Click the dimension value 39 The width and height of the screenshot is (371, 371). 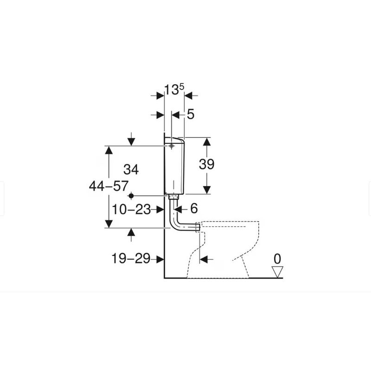point(207,164)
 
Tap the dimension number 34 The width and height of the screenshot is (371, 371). point(131,170)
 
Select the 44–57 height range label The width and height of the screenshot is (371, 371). point(109,186)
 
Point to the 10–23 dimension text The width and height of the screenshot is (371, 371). point(131,210)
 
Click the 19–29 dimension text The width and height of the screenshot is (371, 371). point(131,259)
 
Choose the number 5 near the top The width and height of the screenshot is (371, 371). point(191,115)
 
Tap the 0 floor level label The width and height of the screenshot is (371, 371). point(277,259)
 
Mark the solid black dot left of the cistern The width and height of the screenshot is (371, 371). point(131,196)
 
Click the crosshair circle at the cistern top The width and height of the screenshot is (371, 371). point(172,146)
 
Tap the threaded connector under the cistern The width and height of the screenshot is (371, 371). point(173,197)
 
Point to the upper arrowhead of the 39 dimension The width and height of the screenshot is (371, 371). point(207,141)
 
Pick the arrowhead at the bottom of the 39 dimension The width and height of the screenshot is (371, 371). point(207,189)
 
